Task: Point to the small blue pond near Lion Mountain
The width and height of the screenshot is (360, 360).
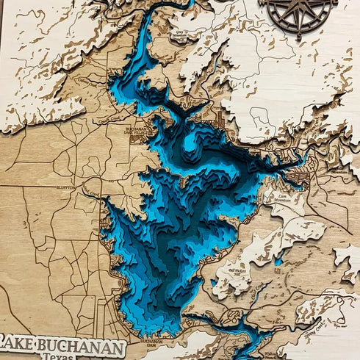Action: coord(279,259)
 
